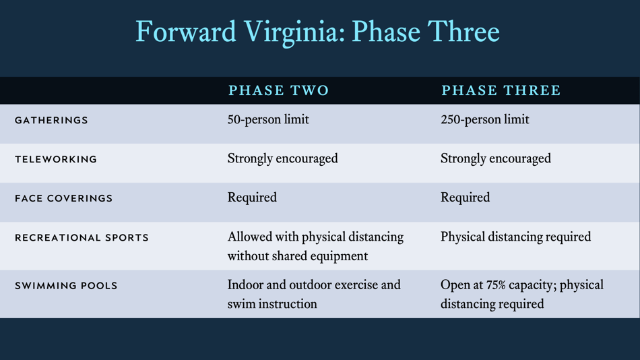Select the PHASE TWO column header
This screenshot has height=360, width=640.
click(279, 90)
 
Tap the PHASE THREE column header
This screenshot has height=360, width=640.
click(501, 90)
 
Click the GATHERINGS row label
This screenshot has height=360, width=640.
click(51, 121)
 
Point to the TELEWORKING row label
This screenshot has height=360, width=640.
click(56, 160)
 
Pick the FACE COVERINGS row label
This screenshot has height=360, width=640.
click(63, 199)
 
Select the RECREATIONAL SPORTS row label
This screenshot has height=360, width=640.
click(82, 238)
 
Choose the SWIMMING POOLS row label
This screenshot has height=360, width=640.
click(66, 286)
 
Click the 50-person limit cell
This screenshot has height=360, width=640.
click(268, 120)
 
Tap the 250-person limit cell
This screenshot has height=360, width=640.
click(484, 120)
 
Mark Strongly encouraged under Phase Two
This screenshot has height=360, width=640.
click(282, 159)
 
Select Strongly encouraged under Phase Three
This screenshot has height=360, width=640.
click(495, 159)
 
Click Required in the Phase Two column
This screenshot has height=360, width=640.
click(252, 198)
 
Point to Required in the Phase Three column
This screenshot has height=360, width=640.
click(465, 198)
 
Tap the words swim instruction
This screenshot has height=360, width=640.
click(272, 304)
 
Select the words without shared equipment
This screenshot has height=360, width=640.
click(297, 256)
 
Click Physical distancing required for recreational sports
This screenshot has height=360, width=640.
click(515, 237)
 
